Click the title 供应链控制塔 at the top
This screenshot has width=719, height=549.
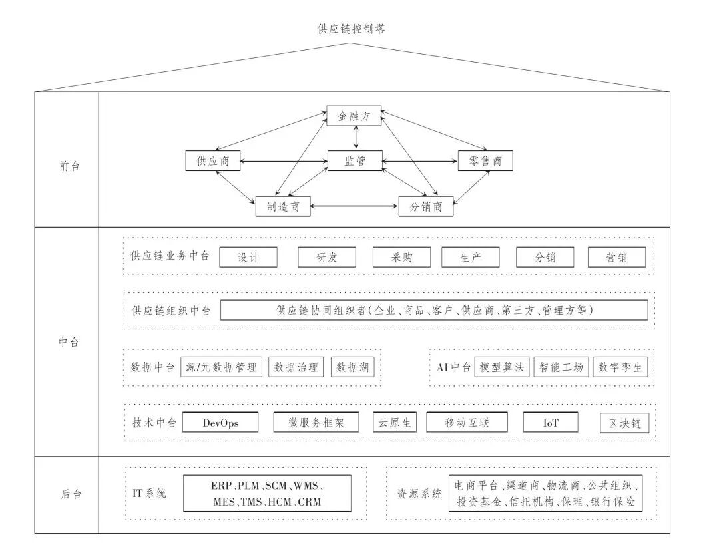click(x=351, y=29)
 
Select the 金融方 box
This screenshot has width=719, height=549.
click(x=354, y=116)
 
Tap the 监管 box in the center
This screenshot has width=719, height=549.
click(x=354, y=160)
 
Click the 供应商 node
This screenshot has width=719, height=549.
click(x=213, y=160)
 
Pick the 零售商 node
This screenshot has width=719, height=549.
click(x=485, y=160)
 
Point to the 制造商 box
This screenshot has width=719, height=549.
click(x=284, y=206)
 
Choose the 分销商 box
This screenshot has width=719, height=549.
click(x=426, y=206)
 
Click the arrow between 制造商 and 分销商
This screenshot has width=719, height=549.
click(x=355, y=206)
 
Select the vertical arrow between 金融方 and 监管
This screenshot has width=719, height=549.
click(x=358, y=138)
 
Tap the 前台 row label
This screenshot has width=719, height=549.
click(x=69, y=166)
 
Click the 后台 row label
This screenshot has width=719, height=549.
click(x=69, y=494)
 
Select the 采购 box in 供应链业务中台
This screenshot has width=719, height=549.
click(x=402, y=257)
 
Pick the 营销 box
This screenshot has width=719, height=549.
click(x=616, y=257)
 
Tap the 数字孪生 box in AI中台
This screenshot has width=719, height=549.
click(x=619, y=367)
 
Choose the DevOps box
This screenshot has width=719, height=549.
click(x=220, y=422)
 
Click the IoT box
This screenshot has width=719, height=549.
click(x=550, y=422)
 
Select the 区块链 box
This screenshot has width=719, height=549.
click(x=624, y=423)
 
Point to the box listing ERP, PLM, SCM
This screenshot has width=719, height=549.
click(x=267, y=494)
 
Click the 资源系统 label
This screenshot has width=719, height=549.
click(x=419, y=494)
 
